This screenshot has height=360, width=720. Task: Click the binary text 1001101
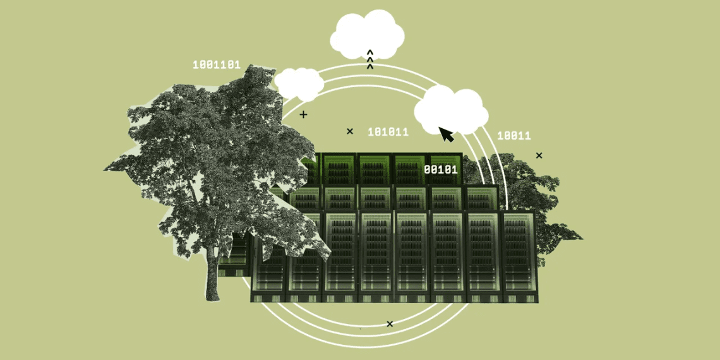(216, 65)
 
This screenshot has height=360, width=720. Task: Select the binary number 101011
(388, 132)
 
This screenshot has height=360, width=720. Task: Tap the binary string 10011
(514, 135)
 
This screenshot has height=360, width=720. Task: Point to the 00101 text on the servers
(441, 169)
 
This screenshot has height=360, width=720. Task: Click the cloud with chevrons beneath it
(367, 35)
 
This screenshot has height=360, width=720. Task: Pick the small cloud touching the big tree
(299, 83)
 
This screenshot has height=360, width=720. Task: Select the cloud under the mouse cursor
(451, 110)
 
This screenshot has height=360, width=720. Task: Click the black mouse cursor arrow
(446, 134)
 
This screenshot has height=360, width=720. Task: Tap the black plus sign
(303, 114)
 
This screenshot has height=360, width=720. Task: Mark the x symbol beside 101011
(350, 131)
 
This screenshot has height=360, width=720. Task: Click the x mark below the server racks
(390, 324)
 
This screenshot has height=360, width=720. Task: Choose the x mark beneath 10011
(539, 155)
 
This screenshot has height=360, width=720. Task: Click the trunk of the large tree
(213, 275)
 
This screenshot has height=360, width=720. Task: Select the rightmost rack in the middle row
(481, 198)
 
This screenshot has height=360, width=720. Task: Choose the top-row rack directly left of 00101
(410, 169)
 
